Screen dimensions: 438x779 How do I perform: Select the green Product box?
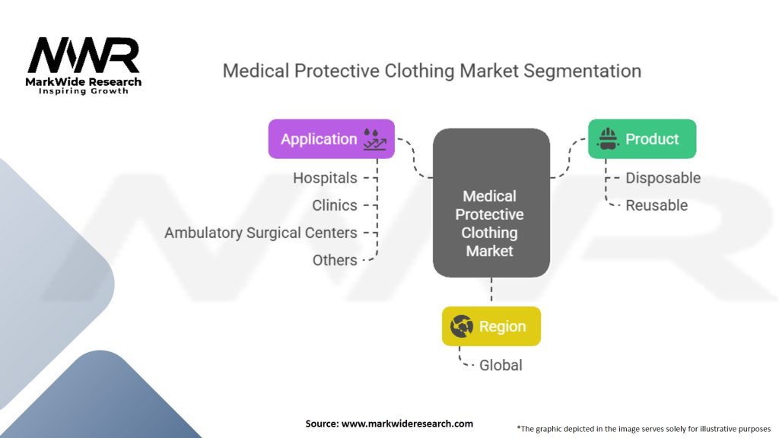[x=641, y=138]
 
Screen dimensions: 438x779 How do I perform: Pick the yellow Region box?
[x=491, y=326]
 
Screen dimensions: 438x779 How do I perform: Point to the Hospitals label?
[x=325, y=178]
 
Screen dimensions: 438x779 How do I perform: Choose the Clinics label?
[x=334, y=205]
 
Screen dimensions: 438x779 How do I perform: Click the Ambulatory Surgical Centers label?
[x=260, y=233]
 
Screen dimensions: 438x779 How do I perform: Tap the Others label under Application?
[x=335, y=260]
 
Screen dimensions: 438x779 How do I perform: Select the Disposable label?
[x=663, y=178]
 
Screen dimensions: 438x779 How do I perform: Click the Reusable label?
[x=657, y=205]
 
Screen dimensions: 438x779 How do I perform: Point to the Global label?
[x=501, y=365]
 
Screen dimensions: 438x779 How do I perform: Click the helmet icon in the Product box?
[x=607, y=138]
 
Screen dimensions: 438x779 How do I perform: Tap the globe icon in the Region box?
[x=461, y=326]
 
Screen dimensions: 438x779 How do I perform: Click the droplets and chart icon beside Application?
[x=374, y=138]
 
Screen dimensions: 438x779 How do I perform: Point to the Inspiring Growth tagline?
[x=84, y=91]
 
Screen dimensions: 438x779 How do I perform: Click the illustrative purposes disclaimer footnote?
[x=644, y=428]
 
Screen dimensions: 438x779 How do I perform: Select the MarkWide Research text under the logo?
[x=84, y=81]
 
